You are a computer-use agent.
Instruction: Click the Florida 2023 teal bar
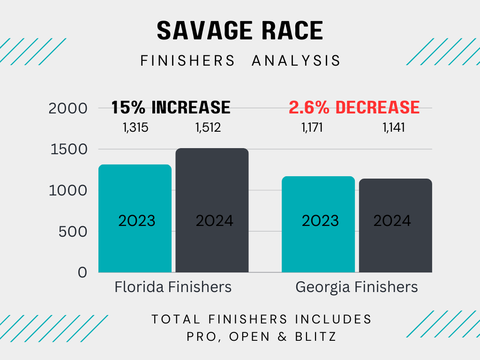click(x=135, y=218)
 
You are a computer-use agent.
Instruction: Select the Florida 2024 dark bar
click(x=212, y=210)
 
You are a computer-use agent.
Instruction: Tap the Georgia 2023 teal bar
click(x=318, y=225)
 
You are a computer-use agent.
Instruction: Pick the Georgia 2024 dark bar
click(x=396, y=225)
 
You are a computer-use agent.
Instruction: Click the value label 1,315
click(x=135, y=127)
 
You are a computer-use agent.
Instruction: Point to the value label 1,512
click(x=208, y=127)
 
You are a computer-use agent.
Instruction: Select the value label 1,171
click(x=312, y=127)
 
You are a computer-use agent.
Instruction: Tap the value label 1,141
click(x=394, y=127)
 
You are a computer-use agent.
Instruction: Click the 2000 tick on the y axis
click(x=68, y=108)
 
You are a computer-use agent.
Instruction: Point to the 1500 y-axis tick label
click(x=69, y=150)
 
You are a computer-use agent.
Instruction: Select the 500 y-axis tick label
click(x=73, y=232)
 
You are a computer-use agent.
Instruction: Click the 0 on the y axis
click(x=82, y=272)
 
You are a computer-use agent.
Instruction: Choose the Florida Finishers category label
click(x=173, y=287)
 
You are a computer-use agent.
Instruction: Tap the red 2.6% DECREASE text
click(x=354, y=107)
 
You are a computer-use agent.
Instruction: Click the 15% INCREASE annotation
click(x=171, y=107)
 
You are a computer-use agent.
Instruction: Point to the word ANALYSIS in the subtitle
click(x=296, y=60)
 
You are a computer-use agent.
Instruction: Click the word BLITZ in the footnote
click(x=315, y=337)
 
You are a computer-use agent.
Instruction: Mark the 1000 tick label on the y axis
click(x=68, y=191)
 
